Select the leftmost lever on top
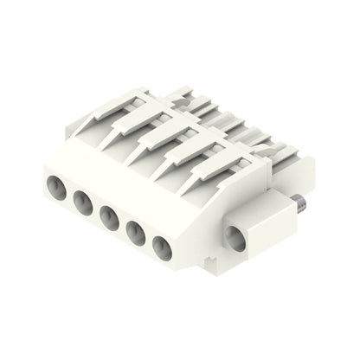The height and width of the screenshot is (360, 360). point(104,117)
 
